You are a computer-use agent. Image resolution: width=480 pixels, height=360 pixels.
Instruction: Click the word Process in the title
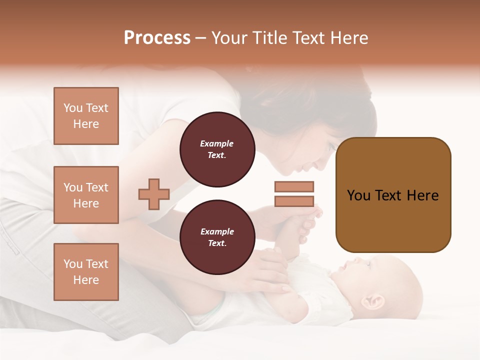157,38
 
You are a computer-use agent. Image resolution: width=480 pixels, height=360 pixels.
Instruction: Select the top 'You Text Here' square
86,116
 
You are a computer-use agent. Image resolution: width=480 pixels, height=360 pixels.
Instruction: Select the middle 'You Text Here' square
86,195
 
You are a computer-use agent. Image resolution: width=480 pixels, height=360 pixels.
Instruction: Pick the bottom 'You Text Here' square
86,271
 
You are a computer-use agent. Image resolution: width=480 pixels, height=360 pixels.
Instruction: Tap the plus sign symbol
154,194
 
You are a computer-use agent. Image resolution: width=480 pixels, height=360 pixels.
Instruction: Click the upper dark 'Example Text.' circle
217,149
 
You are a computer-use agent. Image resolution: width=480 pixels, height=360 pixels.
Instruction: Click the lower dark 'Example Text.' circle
217,237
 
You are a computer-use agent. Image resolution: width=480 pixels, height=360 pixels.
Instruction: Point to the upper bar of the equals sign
294,186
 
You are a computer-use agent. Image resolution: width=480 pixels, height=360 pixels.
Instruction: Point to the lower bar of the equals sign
294,201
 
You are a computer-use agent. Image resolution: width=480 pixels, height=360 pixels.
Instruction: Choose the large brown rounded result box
393,194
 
